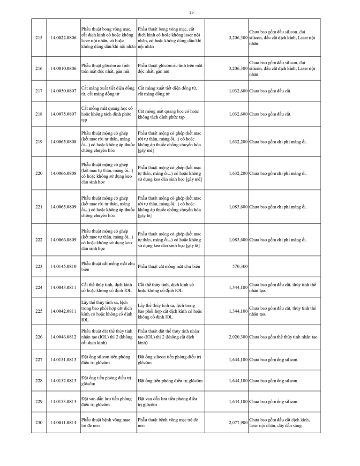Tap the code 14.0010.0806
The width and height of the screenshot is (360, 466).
tap(63, 68)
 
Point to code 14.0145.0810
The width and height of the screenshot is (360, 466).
tap(63, 266)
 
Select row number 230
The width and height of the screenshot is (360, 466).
tap(39, 422)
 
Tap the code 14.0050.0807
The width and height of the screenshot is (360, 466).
tap(63, 91)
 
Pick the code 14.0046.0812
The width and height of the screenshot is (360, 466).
tap(63, 337)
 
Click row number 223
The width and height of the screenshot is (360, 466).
tap(39, 266)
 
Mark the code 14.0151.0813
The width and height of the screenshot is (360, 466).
tap(63, 360)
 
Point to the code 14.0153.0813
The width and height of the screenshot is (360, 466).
tap(63, 401)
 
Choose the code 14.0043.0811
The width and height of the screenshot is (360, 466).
tap(63, 287)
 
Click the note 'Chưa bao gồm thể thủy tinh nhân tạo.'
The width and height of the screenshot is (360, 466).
tap(284, 337)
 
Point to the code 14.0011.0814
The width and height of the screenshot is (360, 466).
tap(63, 422)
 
